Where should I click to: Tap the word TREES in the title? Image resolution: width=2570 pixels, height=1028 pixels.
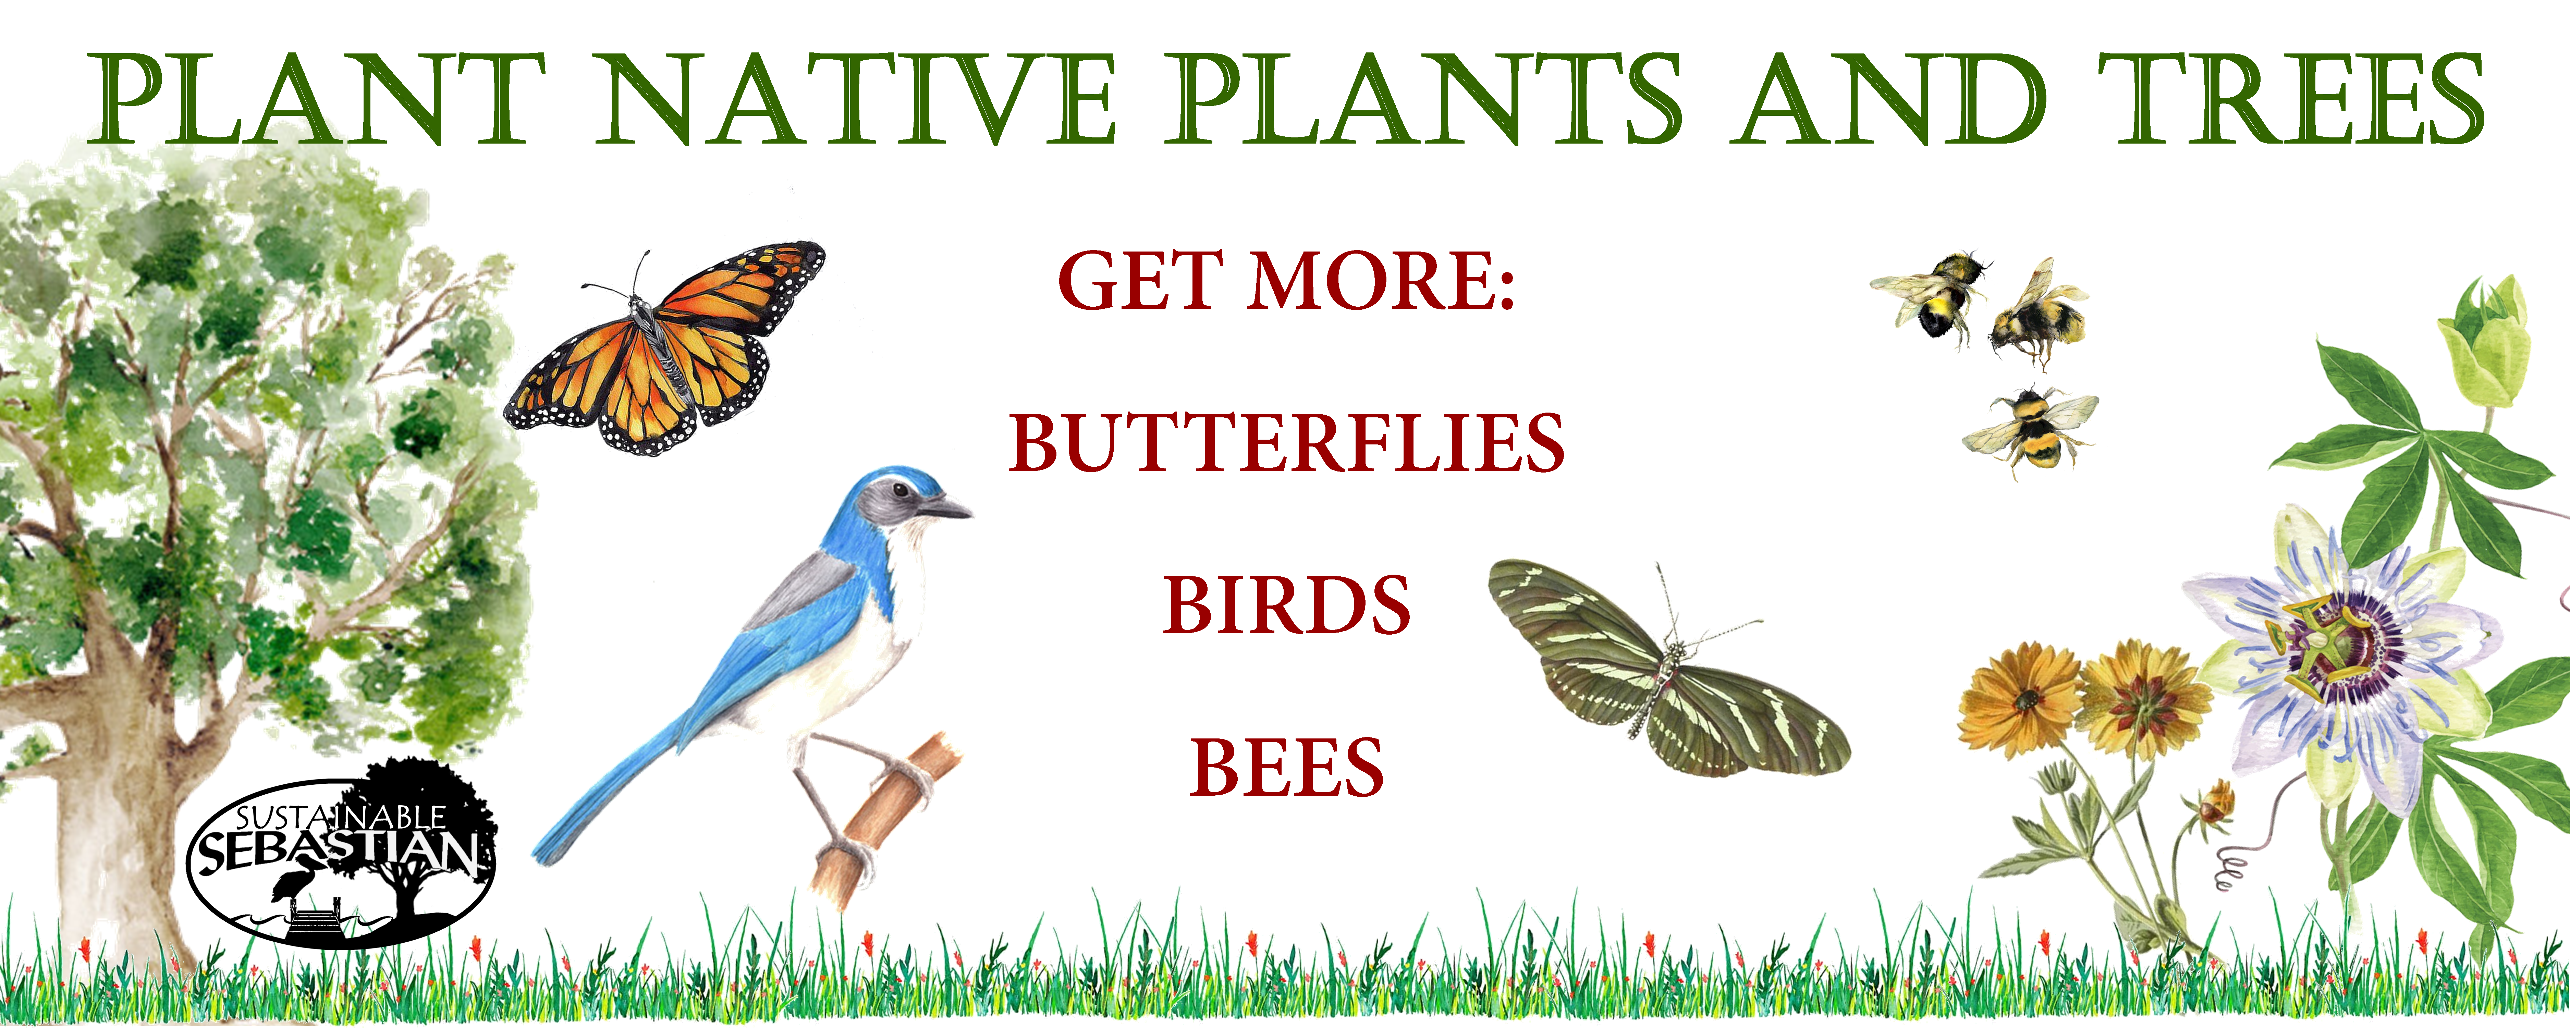click(2290, 100)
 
